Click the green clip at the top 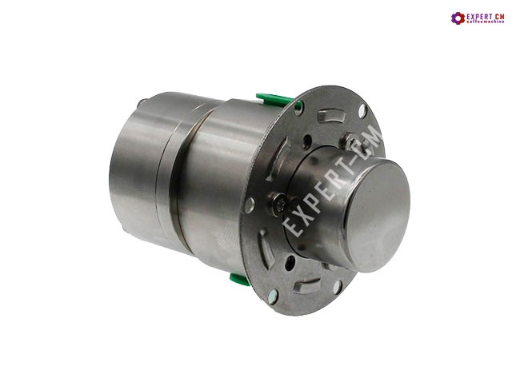(274, 100)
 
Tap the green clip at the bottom (240, 279)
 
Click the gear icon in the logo (458, 18)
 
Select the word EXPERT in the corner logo (479, 16)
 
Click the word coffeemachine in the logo (485, 22)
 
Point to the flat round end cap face (378, 216)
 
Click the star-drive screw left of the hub (278, 205)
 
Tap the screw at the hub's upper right (351, 141)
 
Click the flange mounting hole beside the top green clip (298, 107)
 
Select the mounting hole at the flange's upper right (362, 111)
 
